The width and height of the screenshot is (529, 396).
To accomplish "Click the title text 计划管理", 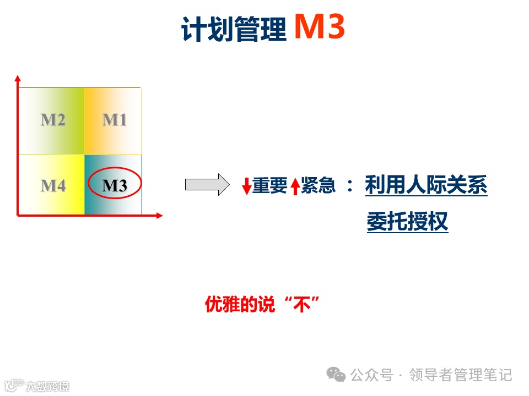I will pyautogui.click(x=234, y=30).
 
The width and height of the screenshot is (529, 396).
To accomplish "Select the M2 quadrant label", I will pyautogui.click(x=53, y=119).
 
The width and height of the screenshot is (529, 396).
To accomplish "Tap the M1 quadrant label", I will pyautogui.click(x=114, y=119).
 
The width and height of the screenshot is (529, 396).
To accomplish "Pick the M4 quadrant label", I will pyautogui.click(x=53, y=186).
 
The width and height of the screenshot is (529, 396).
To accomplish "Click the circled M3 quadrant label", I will pyautogui.click(x=115, y=186).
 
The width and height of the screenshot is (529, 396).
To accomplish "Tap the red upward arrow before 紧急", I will pyautogui.click(x=295, y=186).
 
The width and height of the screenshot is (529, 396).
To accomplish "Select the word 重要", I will pyautogui.click(x=270, y=186).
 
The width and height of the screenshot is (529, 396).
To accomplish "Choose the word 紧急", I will pyautogui.click(x=319, y=186).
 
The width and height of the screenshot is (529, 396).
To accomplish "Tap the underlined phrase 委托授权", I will pyautogui.click(x=407, y=222).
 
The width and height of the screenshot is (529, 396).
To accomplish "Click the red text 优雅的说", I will pyautogui.click(x=240, y=304).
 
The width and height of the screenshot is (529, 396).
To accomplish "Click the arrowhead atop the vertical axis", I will pyautogui.click(x=18, y=78).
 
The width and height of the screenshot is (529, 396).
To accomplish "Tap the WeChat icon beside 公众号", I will pyautogui.click(x=336, y=375).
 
